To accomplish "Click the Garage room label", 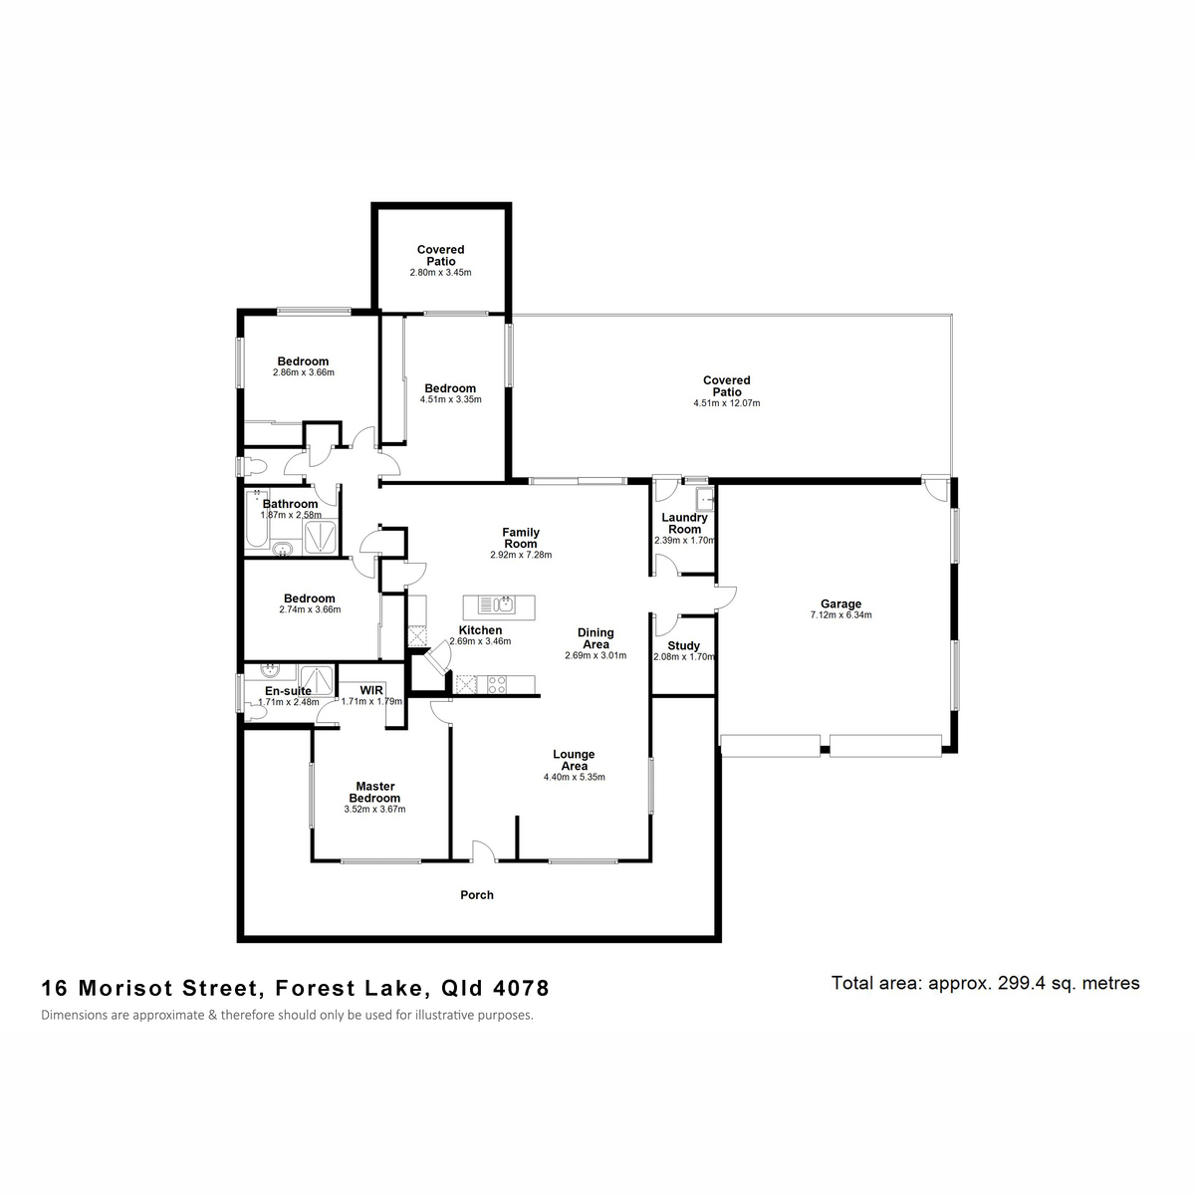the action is click(x=840, y=603).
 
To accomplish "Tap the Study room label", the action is click(x=683, y=645).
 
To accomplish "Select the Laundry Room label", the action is click(x=684, y=523).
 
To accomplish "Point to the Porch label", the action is click(x=477, y=895).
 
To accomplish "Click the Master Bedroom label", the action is click(x=374, y=792).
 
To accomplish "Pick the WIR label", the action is click(x=371, y=690).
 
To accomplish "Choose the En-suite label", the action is click(x=288, y=691).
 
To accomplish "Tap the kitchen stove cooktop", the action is click(x=497, y=684).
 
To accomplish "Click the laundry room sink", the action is click(x=704, y=498).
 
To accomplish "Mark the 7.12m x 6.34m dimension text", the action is click(x=840, y=615).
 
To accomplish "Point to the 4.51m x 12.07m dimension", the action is click(x=727, y=403).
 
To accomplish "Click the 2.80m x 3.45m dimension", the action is click(x=440, y=272).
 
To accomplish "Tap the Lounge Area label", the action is click(x=574, y=760).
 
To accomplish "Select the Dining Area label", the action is click(x=596, y=638).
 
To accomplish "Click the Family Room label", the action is click(x=521, y=538).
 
